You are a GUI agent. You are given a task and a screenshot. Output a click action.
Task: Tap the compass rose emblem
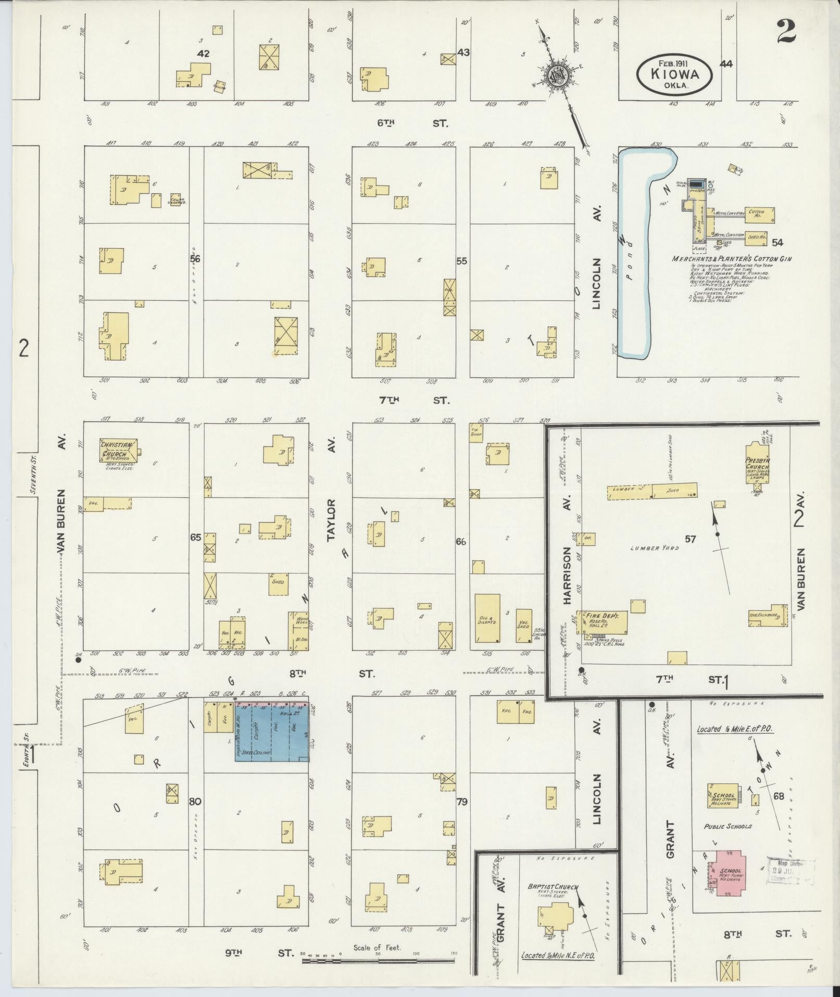556,76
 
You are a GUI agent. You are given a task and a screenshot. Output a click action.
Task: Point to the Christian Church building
119,449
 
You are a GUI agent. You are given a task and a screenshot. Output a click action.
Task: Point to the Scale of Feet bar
378,959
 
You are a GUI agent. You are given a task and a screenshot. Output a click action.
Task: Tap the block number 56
195,259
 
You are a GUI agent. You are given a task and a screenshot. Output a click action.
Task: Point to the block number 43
463,52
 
